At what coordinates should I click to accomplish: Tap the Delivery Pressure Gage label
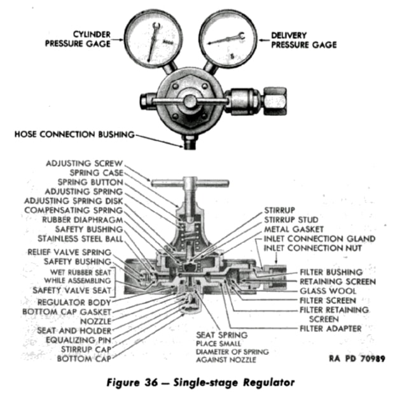click(x=303, y=39)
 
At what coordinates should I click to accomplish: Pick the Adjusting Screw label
click(x=84, y=163)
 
